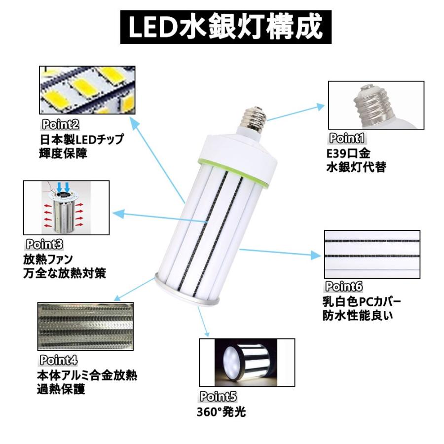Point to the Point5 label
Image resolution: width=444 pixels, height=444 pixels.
(x=218, y=396)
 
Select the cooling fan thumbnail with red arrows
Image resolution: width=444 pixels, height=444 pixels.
(x=66, y=208)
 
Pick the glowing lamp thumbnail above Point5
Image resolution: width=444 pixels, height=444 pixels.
(x=247, y=362)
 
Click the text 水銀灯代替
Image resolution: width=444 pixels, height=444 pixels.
(x=356, y=167)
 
